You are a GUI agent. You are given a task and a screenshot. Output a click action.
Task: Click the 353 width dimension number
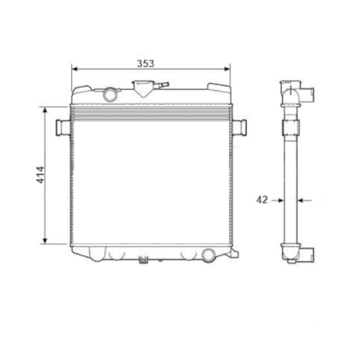[x=146, y=63]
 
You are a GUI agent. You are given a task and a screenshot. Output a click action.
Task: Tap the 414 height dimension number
[x=40, y=175]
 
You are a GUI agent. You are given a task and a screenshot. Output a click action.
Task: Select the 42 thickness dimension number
[x=262, y=200]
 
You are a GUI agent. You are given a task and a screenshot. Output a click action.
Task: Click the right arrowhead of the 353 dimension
[x=227, y=69]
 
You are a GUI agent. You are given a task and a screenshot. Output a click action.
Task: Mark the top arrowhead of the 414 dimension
[x=45, y=111]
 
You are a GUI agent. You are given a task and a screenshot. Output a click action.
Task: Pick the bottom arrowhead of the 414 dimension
[x=45, y=241]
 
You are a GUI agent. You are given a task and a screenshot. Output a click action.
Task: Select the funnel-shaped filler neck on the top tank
[x=143, y=88]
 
